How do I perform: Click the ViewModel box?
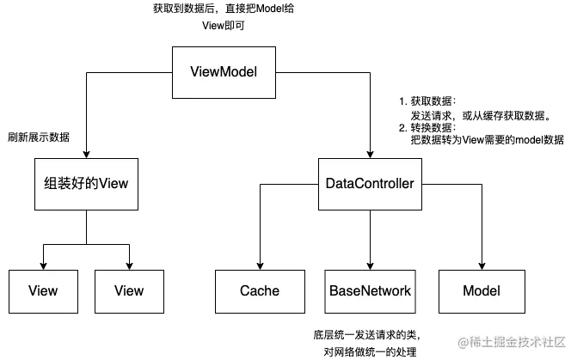coord(224,71)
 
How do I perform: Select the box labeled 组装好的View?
coord(86,184)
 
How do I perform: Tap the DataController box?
coord(370,184)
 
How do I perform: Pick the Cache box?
coord(259,291)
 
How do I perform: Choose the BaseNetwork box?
coord(370,291)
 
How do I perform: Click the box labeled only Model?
coord(481,291)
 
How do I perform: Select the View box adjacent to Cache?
coord(129,291)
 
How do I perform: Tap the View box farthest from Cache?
coord(43,291)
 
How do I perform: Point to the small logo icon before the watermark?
coord(462,342)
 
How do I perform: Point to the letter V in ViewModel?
coord(193,71)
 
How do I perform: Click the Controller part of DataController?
coord(385,184)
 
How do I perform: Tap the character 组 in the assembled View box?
coord(51,184)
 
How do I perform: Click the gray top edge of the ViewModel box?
coord(224,43)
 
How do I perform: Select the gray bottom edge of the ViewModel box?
coord(224,101)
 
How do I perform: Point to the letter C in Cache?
coord(244,291)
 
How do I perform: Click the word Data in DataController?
coord(340,184)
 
